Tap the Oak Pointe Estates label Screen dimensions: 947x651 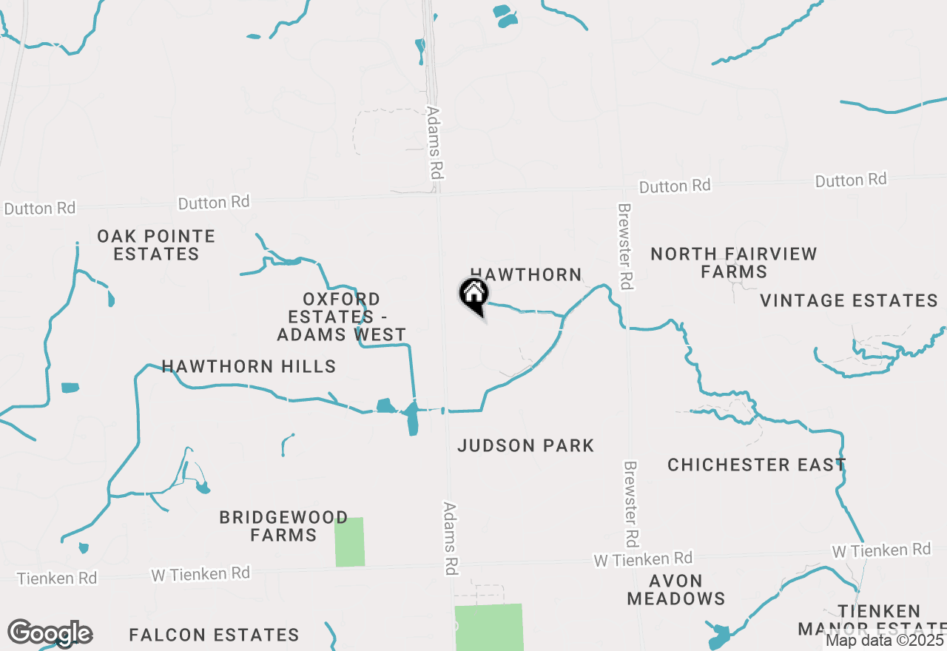click(x=157, y=245)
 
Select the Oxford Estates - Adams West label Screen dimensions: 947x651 click(x=342, y=317)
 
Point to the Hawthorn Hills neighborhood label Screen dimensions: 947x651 click(x=249, y=366)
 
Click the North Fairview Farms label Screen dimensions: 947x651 click(x=734, y=263)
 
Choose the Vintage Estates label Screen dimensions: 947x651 click(x=849, y=300)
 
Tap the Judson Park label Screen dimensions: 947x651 click(x=526, y=445)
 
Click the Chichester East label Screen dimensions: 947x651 click(x=756, y=465)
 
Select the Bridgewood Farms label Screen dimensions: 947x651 click(x=283, y=526)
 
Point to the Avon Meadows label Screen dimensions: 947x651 click(x=675, y=590)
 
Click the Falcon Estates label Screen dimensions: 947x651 click(x=214, y=635)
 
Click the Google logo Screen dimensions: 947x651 click(x=50, y=633)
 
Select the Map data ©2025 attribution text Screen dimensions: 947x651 click(x=885, y=640)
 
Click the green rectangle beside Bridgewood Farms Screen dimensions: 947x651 click(x=350, y=542)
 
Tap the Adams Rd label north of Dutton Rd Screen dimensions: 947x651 click(x=435, y=143)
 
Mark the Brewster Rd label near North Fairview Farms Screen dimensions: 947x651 click(x=626, y=246)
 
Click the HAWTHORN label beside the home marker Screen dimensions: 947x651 click(x=526, y=274)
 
